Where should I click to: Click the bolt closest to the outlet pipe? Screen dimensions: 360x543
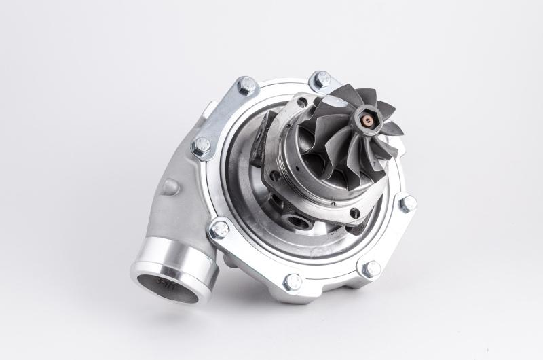coord(219,230)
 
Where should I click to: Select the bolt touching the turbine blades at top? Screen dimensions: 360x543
coord(320,79)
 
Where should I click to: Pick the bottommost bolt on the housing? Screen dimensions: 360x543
coord(293,281)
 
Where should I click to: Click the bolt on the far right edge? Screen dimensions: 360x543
coord(408,203)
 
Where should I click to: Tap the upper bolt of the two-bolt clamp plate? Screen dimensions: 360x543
coord(246,86)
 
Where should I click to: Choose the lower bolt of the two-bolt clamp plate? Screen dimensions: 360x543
coord(202,145)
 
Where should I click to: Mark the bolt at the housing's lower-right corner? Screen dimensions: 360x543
coord(371,269)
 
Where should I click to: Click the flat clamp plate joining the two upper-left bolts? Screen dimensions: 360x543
coord(224,115)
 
